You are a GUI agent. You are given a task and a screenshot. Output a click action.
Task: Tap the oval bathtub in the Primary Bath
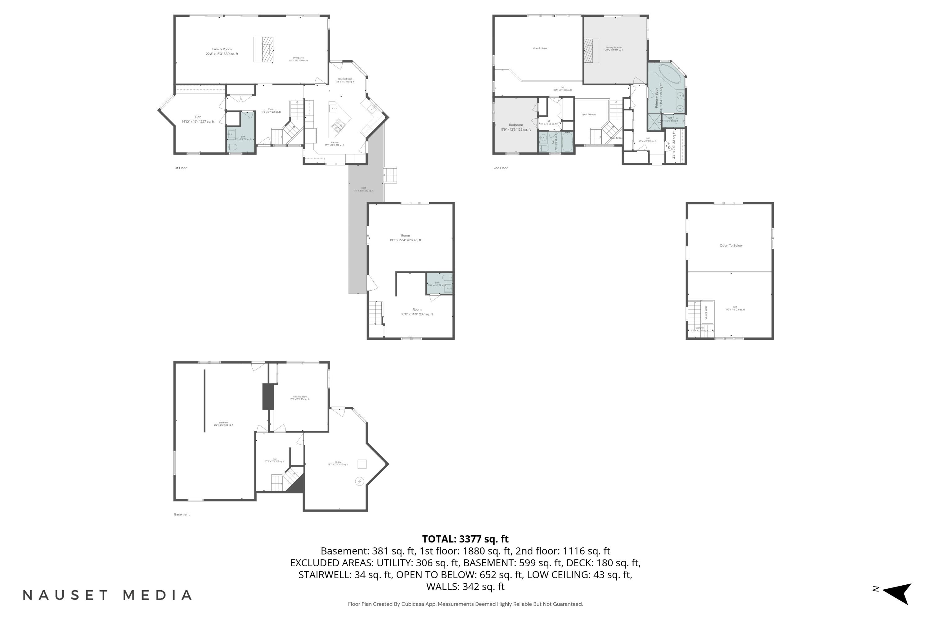tap(670, 74)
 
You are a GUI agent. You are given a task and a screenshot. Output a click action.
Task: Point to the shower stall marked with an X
tap(654, 122)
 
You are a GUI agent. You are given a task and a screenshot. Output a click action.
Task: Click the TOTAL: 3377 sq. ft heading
tap(465, 539)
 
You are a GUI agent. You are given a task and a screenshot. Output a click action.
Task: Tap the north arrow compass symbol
tap(898, 593)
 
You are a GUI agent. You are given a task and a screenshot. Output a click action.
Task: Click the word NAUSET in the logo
tap(65, 595)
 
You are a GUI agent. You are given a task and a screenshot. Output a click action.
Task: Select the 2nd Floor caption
tap(500, 168)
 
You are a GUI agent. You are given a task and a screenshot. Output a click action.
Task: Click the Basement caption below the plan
tap(182, 514)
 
